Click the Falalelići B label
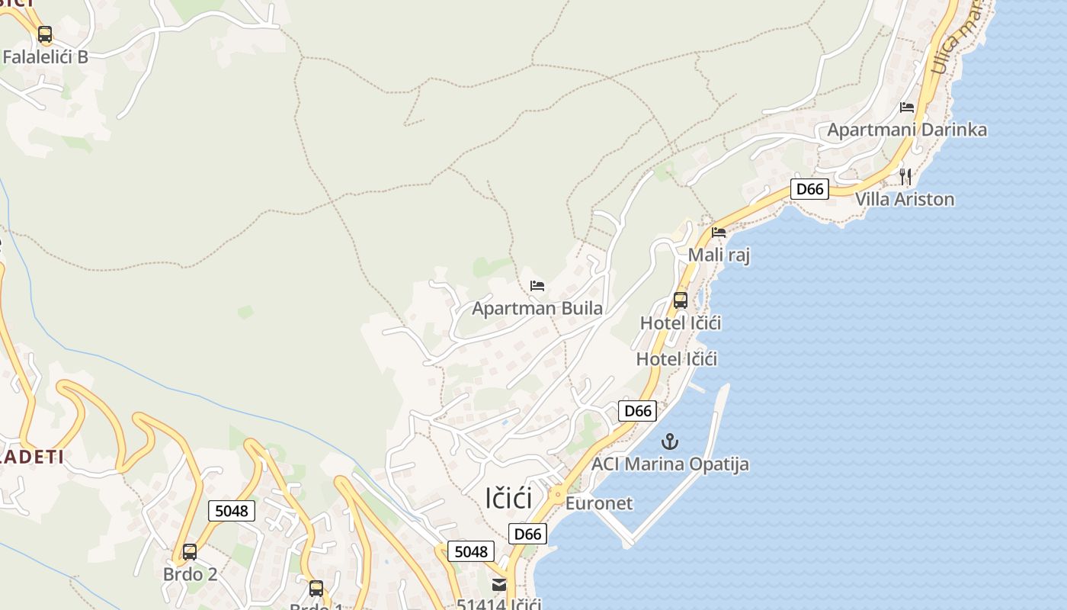tap(46, 56)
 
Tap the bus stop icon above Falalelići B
tap(45, 34)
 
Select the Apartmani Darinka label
tap(907, 130)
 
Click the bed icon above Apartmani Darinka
tap(907, 108)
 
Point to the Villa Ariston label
tap(905, 200)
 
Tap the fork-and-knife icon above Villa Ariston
tap(905, 176)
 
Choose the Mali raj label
tap(719, 255)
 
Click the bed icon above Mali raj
tap(719, 233)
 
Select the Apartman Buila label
tap(537, 309)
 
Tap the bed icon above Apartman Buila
tap(537, 286)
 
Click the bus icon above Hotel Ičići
tap(681, 300)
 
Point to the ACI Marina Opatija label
tap(670, 464)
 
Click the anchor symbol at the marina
tap(669, 441)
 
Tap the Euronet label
tap(599, 503)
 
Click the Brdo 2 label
tap(190, 574)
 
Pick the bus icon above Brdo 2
tap(190, 552)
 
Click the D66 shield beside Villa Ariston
tap(809, 189)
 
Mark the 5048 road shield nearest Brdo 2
tap(232, 511)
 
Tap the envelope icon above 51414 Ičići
tap(499, 585)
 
